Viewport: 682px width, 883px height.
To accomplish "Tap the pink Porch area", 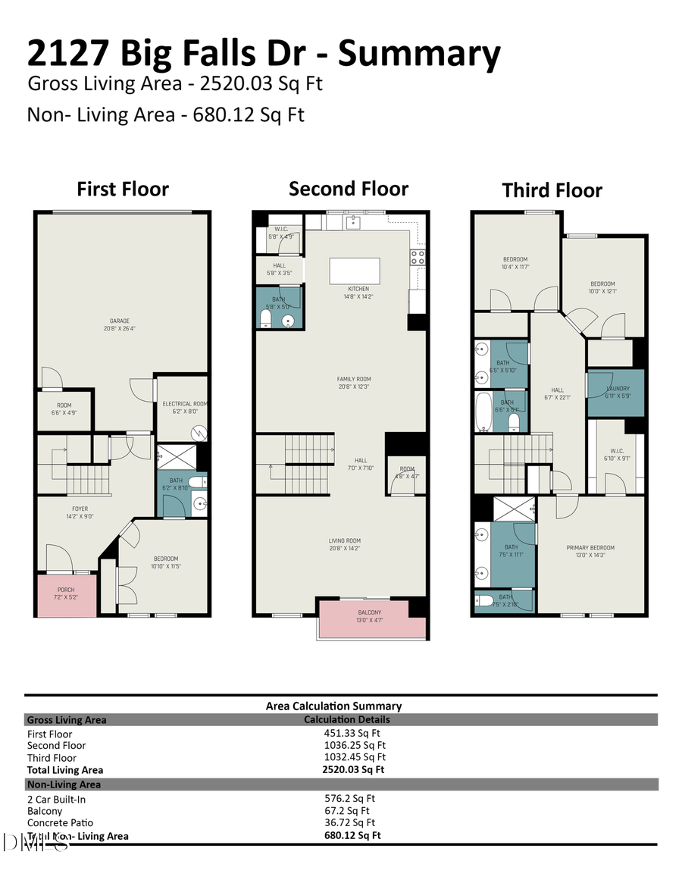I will pyautogui.click(x=66, y=593).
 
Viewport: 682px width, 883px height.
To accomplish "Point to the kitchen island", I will pyautogui.click(x=355, y=271).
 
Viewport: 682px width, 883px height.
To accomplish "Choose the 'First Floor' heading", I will pyautogui.click(x=123, y=189).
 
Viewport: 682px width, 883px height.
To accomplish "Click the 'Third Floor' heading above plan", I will pyautogui.click(x=552, y=190).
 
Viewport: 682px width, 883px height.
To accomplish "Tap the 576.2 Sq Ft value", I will pyautogui.click(x=349, y=798).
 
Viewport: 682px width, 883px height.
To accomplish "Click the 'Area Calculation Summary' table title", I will pyautogui.click(x=333, y=706).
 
